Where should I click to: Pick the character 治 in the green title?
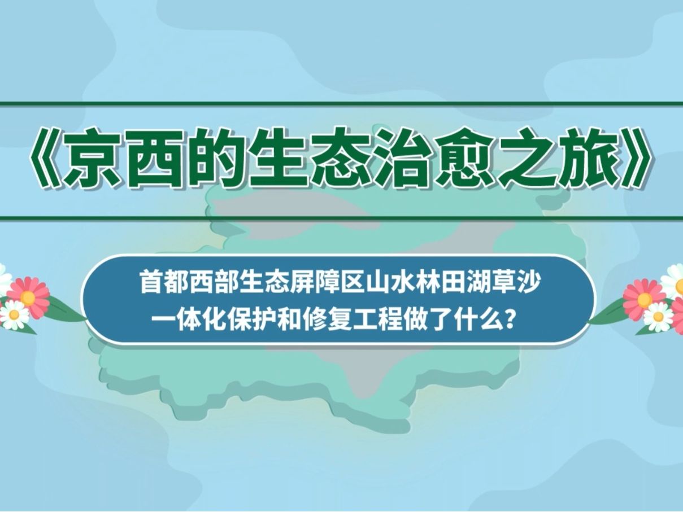point(401,158)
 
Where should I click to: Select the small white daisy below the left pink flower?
point(14,314)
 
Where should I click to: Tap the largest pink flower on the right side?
point(644,299)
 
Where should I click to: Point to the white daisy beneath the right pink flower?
point(658,317)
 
